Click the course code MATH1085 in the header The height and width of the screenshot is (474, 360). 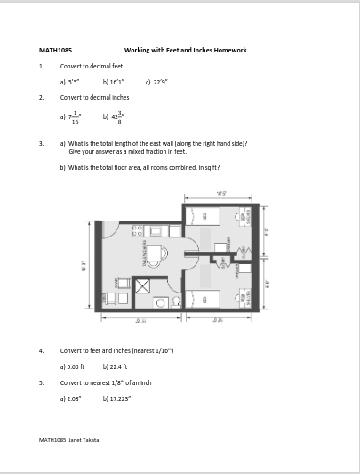tap(52, 50)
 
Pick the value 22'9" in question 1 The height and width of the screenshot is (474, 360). tap(159, 81)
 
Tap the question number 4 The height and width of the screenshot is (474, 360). tap(42, 350)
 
